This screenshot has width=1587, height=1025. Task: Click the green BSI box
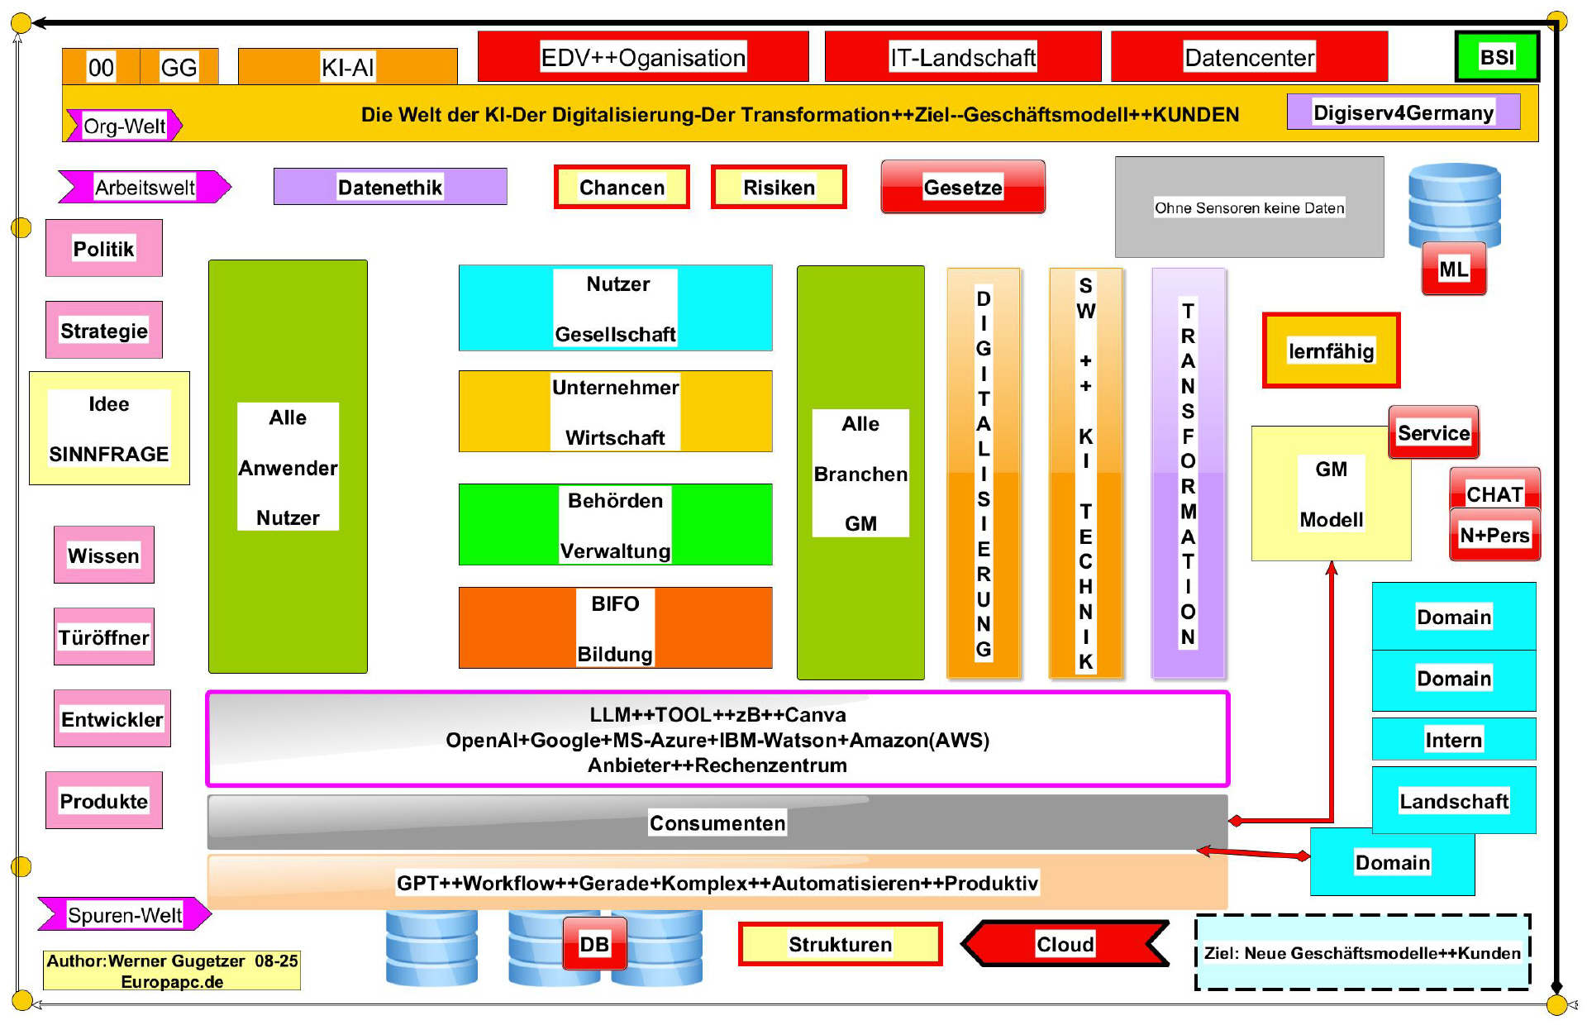click(1497, 57)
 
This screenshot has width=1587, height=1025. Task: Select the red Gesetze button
click(963, 188)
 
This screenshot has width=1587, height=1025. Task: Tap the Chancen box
click(622, 188)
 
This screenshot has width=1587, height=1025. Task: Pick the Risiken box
click(779, 188)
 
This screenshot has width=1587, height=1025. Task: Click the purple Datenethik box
click(390, 188)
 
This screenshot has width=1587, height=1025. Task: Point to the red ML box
click(1454, 269)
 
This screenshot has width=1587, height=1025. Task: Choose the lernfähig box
click(1331, 351)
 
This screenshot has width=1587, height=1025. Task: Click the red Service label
click(1434, 432)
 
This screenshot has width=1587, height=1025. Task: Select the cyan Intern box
click(1454, 739)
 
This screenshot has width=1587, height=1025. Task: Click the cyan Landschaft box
click(1454, 800)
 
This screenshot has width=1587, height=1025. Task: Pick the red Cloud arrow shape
click(1065, 944)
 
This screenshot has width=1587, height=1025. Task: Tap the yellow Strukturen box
click(840, 944)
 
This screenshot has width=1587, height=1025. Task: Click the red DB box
click(594, 944)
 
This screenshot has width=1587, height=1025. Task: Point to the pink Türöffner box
click(104, 637)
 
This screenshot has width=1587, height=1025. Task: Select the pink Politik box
click(104, 249)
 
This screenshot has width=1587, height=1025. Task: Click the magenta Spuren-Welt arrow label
click(125, 915)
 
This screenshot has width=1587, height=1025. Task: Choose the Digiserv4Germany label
click(1404, 112)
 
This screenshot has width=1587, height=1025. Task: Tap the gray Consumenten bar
click(717, 822)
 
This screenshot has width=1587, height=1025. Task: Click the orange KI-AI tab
click(347, 67)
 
